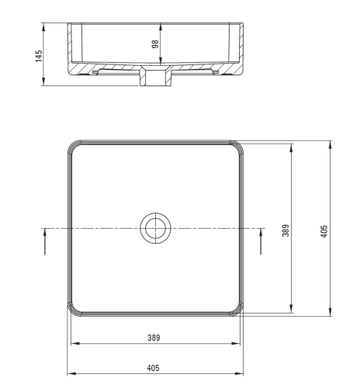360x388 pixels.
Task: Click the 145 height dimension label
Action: (39, 56)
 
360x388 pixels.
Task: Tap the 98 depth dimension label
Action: (155, 44)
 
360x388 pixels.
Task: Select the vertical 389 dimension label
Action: (286, 230)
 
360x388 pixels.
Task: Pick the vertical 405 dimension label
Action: (324, 231)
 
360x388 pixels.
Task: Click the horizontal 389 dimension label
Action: (154, 338)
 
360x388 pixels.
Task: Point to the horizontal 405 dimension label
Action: (153, 368)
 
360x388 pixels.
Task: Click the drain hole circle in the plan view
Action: (155, 228)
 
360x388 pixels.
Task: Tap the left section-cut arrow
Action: (45, 242)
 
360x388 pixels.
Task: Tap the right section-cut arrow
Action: (261, 242)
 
